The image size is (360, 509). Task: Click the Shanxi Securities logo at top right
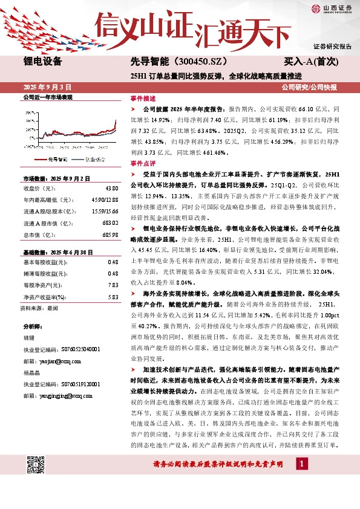click(x=331, y=9)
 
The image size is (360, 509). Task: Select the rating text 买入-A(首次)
click(x=312, y=62)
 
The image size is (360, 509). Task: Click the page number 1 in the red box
click(x=301, y=463)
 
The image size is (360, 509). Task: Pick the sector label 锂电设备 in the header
click(x=42, y=61)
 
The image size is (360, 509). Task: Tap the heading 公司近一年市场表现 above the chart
click(x=47, y=97)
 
